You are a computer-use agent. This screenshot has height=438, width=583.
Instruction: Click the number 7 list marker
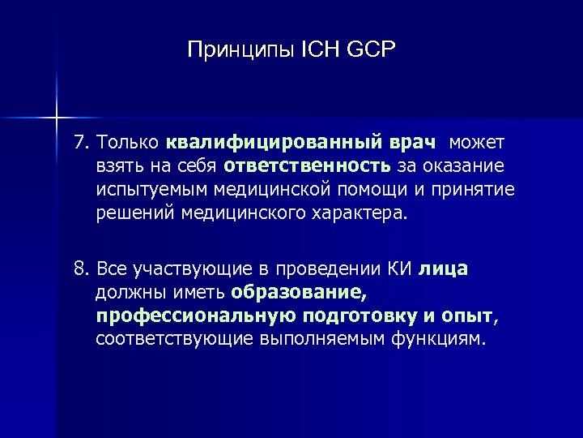pos(79,144)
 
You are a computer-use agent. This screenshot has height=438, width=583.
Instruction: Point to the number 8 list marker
pos(79,268)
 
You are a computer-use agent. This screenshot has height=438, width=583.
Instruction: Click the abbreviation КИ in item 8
pos(402,268)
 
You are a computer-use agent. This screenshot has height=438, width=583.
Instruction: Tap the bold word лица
pos(444,268)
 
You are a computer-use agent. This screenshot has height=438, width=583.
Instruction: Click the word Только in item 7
pos(129,144)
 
